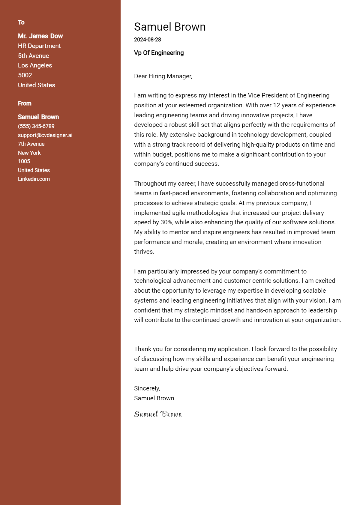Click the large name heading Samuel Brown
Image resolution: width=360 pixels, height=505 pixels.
tap(170, 27)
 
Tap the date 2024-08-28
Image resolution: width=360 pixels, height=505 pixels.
tap(147, 40)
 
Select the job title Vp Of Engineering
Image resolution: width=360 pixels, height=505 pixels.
tap(159, 53)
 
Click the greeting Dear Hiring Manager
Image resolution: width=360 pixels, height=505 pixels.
tap(163, 76)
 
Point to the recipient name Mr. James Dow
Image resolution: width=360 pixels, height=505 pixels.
tap(40, 36)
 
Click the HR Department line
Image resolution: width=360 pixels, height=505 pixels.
tap(39, 46)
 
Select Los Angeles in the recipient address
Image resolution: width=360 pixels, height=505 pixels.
tap(35, 65)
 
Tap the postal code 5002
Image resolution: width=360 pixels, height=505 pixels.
tap(25, 75)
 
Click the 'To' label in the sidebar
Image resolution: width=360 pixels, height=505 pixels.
tap(21, 22)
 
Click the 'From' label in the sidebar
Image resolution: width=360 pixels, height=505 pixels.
tap(25, 103)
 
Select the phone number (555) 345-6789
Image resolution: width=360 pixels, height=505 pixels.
tap(36, 126)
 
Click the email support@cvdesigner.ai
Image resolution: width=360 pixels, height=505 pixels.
tap(45, 135)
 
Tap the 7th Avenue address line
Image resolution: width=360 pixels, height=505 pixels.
tap(31, 144)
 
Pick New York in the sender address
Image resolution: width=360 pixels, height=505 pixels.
tap(29, 153)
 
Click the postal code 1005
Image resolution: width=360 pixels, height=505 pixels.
tap(24, 161)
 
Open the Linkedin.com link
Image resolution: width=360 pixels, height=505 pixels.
tap(34, 179)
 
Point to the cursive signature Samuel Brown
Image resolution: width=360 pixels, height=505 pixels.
tap(158, 414)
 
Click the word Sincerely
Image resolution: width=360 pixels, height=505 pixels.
tap(147, 388)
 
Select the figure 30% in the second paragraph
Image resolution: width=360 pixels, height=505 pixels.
tap(166, 223)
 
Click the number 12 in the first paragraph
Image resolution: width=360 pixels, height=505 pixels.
tap(276, 105)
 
